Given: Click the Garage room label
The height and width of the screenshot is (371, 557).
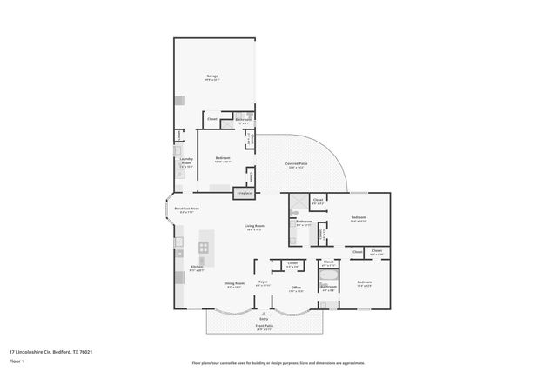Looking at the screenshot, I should [x=211, y=77].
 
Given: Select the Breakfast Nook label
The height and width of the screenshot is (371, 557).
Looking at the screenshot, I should [x=187, y=209].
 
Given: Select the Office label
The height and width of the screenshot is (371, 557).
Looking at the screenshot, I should [x=296, y=288].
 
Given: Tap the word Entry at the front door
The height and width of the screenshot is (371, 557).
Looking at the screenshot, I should [x=264, y=319].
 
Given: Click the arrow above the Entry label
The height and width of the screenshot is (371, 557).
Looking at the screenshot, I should [x=264, y=313].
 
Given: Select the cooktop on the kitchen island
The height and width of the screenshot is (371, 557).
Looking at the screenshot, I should [x=203, y=248].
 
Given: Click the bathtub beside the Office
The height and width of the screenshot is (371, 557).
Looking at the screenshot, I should [x=328, y=276].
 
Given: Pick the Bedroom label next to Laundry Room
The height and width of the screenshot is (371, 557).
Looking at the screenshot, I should [x=223, y=158].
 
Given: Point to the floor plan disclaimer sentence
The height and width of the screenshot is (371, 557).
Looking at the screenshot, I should [x=278, y=363].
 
